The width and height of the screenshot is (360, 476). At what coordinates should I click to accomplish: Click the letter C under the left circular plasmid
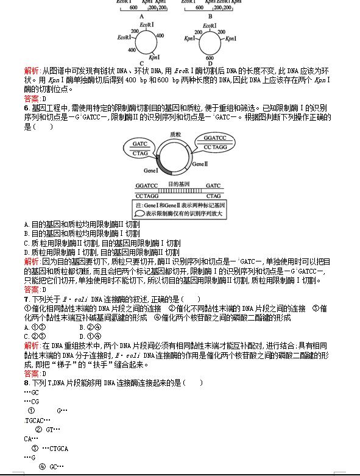pos(141,63)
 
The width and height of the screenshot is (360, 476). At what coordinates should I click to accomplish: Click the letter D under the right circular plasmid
pos(210,63)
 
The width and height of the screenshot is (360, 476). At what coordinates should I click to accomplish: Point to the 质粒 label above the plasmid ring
pos(176,134)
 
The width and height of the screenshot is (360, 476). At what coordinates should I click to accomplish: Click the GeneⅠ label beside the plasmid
pos(150,171)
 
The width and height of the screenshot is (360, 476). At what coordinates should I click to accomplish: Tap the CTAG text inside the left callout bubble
pos(141,154)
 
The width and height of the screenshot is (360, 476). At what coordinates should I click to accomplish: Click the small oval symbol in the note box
pos(140,214)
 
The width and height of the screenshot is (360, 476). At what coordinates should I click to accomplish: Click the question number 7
pos(26,299)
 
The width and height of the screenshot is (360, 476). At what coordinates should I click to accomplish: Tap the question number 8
pos(26,382)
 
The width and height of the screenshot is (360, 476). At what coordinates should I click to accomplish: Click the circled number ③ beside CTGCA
pos(35,448)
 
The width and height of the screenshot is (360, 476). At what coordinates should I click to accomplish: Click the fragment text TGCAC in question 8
pos(38,421)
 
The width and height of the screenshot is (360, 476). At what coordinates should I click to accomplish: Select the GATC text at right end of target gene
pos(213,185)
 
